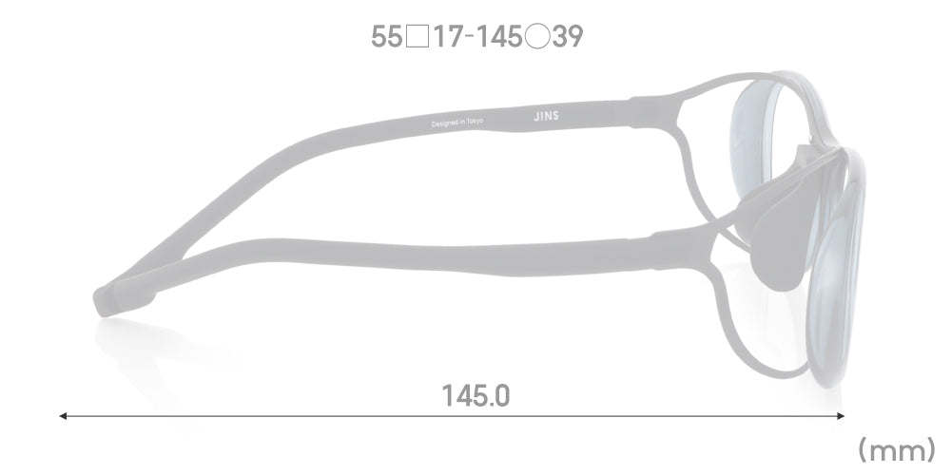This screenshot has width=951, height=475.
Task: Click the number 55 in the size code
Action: [x=386, y=37]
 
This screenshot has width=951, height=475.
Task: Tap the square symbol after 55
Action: [x=417, y=37]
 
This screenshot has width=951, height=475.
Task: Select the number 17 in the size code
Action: [x=449, y=37]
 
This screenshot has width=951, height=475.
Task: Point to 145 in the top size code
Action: [x=498, y=37]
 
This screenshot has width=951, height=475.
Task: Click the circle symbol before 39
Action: [x=537, y=37]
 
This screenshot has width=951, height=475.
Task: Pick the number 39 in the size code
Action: [x=568, y=37]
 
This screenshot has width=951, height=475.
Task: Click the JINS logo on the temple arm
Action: [x=546, y=116]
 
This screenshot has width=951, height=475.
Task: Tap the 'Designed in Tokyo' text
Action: [x=457, y=123]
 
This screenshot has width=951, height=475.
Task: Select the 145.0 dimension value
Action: [x=476, y=396]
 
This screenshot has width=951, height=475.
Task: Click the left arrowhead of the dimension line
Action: [x=63, y=416]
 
